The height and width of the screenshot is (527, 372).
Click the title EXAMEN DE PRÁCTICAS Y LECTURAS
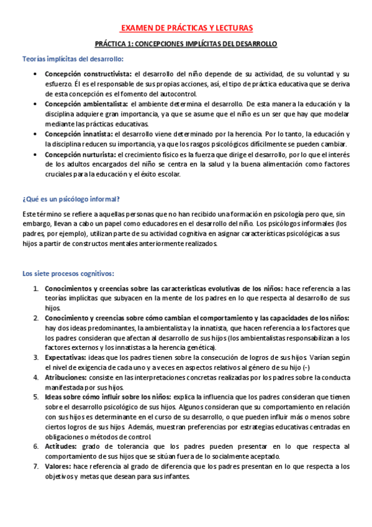click(186, 28)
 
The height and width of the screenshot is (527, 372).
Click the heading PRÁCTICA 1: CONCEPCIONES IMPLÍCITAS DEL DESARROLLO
click(186, 44)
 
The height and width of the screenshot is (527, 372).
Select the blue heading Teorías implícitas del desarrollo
click(73, 59)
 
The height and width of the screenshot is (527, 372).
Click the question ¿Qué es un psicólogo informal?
click(71, 198)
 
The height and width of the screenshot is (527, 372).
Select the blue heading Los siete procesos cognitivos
click(68, 273)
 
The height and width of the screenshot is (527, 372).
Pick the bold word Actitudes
click(59, 446)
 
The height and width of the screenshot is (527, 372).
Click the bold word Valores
click(58, 466)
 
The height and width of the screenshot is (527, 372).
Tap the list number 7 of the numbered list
click(37, 466)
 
